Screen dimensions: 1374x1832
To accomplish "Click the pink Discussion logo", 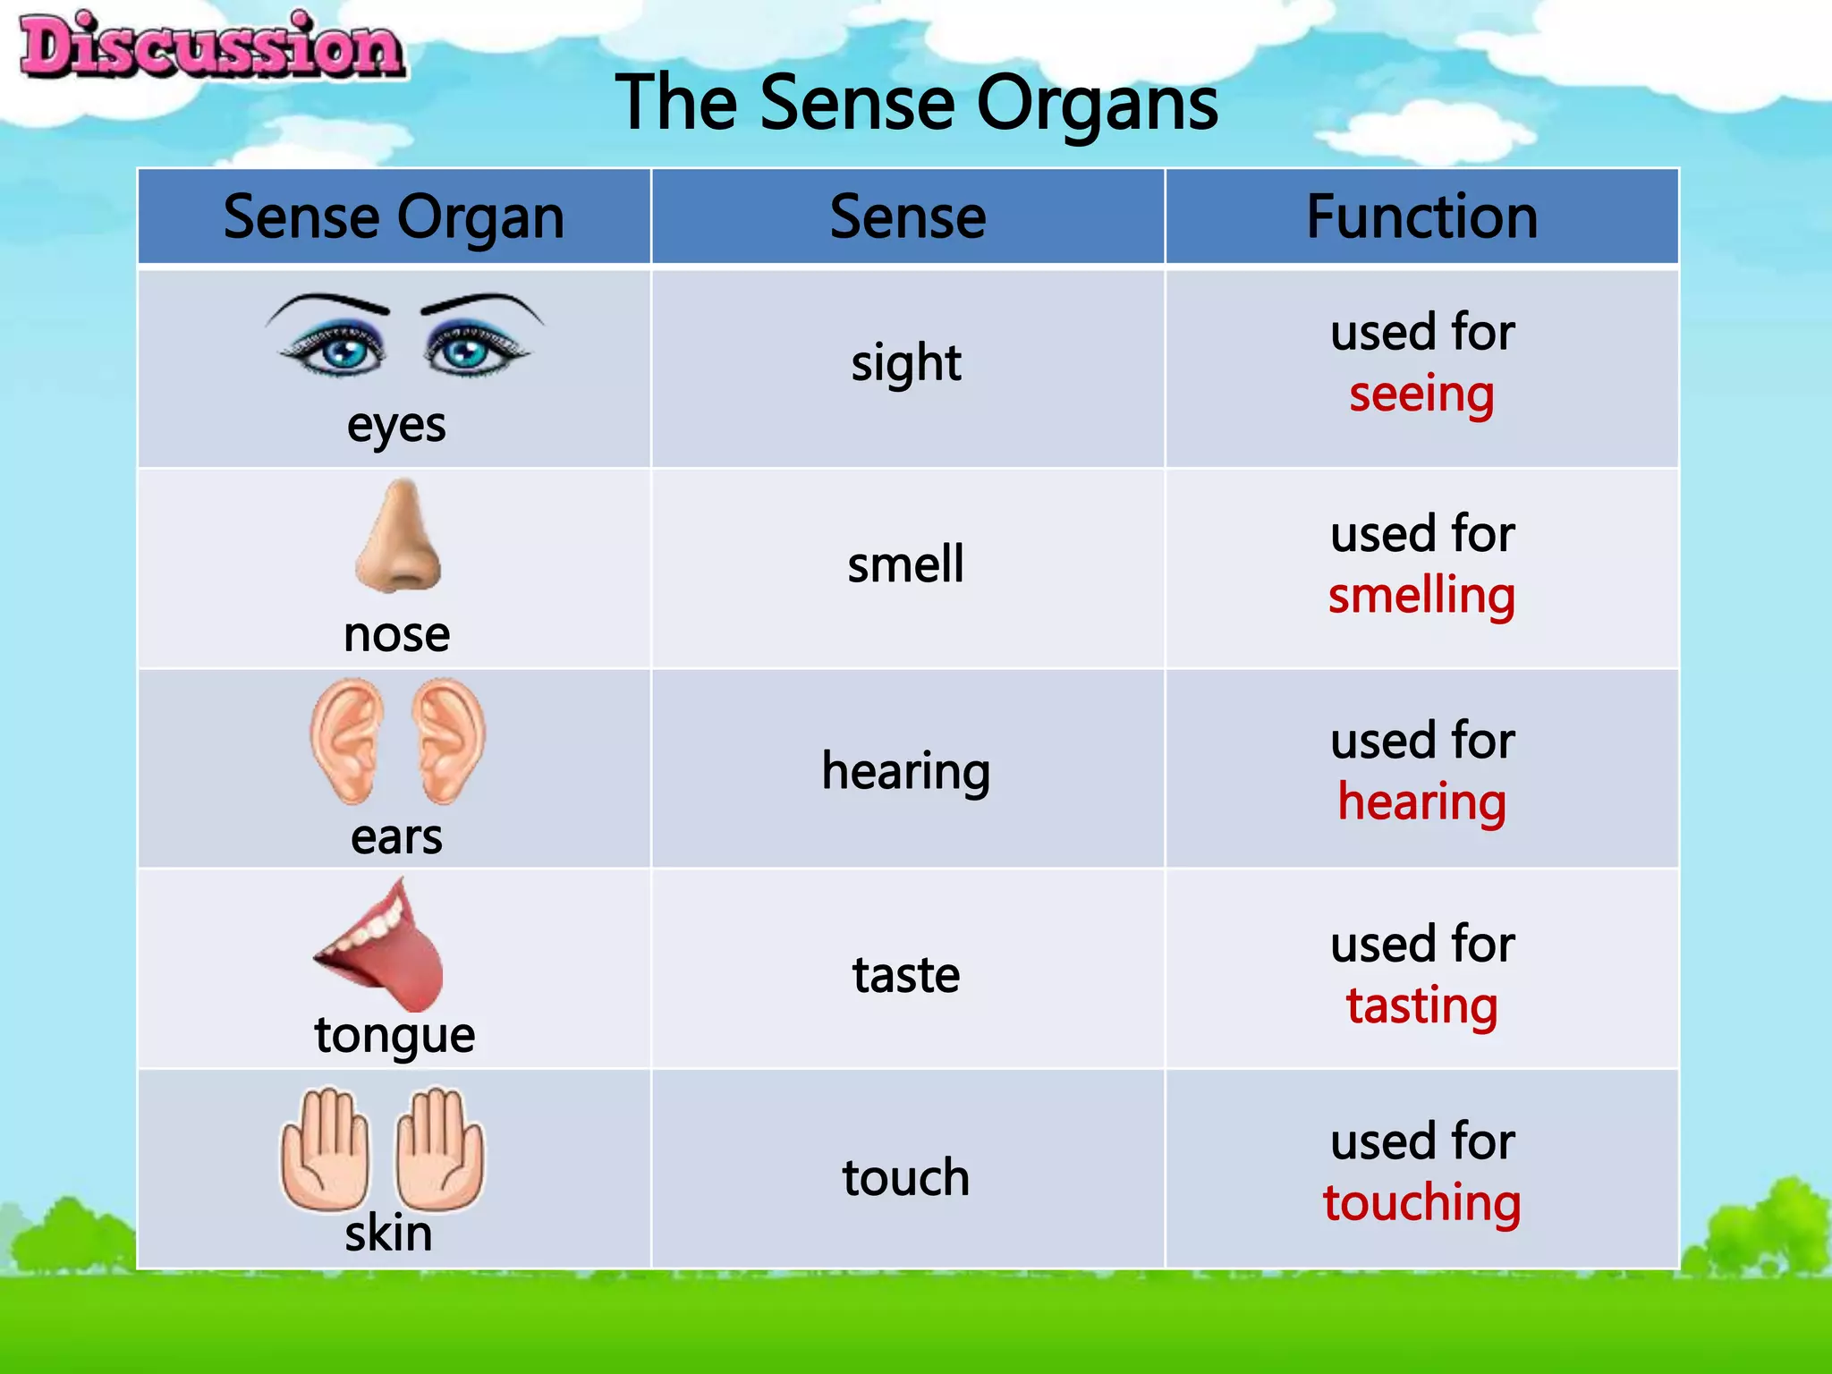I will pos(212,47).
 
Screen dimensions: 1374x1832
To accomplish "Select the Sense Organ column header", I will pos(394,217).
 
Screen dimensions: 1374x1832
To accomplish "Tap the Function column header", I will pos(1421,217).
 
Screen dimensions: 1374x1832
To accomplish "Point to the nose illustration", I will pos(399,537).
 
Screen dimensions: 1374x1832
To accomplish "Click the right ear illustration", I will pos(447,739).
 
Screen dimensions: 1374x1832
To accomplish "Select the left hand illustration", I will pos(325,1149).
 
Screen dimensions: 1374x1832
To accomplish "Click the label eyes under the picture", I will pos(396,426).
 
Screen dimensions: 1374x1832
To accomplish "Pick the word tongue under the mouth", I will pos(394,1037).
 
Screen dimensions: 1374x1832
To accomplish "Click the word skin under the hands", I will pos(388,1234).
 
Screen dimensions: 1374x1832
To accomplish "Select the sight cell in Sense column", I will pos(905,364).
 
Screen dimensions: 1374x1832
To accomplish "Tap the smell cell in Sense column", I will pos(905,564).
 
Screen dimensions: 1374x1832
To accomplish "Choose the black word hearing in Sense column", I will pos(905,771).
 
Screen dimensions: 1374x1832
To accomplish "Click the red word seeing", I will pos(1421,394).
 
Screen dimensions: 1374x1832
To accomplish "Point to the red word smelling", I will pos(1421,596).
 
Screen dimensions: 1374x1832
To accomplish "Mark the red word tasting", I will pos(1421,1006).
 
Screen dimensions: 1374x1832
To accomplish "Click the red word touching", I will pos(1421,1203).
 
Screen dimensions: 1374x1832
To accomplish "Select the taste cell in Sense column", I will pos(905,975).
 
